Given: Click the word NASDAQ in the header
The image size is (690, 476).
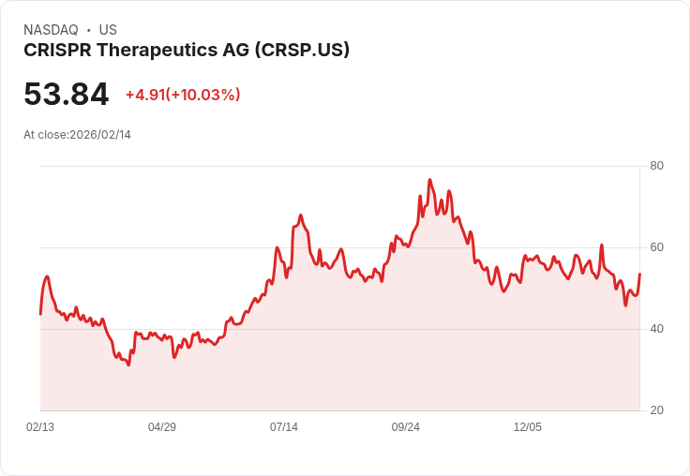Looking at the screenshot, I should coord(50,30).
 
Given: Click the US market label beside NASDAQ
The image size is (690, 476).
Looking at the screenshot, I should coord(108,30).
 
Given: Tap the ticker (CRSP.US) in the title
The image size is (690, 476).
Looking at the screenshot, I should coord(302,50).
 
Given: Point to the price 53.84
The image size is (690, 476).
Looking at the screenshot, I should coord(66,94).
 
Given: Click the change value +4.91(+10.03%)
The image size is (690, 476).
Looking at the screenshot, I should coord(183,95).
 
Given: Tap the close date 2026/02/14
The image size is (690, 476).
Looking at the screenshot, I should coord(100,135).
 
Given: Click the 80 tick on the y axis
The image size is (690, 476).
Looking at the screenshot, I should coord(657,166).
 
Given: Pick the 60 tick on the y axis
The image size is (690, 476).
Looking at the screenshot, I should coord(657,247).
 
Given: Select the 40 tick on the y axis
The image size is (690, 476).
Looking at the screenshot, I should coord(657,329).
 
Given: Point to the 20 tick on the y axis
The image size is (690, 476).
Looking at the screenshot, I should coord(657,410).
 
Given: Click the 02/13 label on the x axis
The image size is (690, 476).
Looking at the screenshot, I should coord(40,427).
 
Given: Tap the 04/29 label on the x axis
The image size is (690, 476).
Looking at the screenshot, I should coord(162,427).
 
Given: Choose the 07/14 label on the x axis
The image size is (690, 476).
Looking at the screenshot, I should coord(284,427).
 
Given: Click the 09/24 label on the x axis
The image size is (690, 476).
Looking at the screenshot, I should coord(406,427).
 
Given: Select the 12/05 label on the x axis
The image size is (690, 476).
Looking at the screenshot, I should coord(528,427).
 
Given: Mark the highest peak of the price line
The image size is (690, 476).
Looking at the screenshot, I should coord(429,180).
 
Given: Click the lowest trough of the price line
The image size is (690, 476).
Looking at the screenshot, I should coord(128,364).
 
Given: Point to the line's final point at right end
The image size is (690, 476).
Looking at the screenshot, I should coord(639,274).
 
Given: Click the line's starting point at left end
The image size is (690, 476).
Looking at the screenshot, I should coord(40,314).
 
